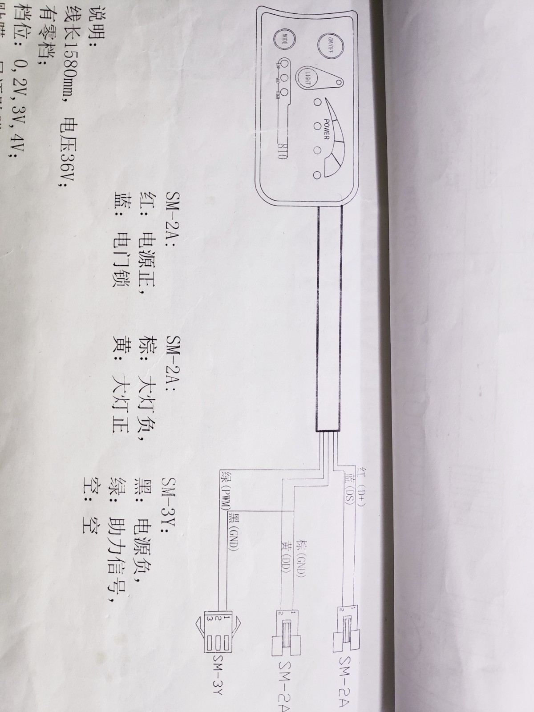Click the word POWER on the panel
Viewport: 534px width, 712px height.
pyautogui.click(x=326, y=129)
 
